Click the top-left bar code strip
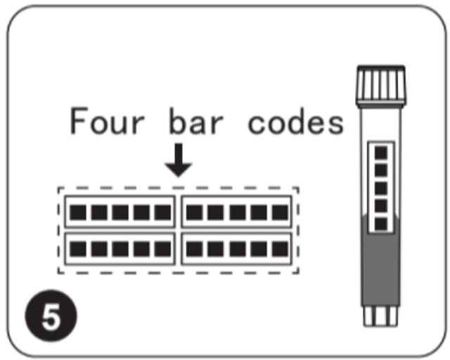click(x=119, y=212)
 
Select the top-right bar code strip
click(x=237, y=212)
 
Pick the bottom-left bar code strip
click(x=119, y=248)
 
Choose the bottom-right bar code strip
click(x=237, y=248)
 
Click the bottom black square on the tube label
click(x=381, y=224)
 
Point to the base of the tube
click(x=380, y=315)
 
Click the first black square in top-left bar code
click(x=78, y=212)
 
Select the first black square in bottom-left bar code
click(x=78, y=248)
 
